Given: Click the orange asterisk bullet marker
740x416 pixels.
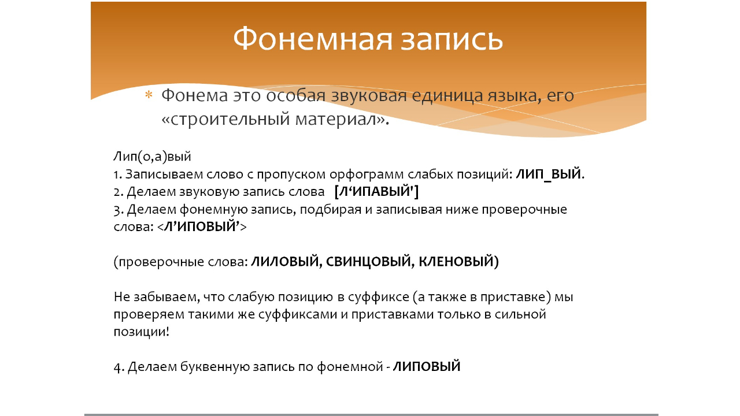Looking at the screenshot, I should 149,95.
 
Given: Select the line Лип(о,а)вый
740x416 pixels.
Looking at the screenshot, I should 151,157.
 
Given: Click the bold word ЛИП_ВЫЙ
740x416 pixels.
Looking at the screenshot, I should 549,174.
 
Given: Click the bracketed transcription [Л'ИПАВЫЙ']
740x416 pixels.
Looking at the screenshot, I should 376,191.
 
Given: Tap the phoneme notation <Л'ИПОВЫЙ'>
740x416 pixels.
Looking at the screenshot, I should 201,226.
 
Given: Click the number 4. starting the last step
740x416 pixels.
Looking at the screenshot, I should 119,367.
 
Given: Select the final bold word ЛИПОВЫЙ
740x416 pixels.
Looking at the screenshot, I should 427,366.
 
